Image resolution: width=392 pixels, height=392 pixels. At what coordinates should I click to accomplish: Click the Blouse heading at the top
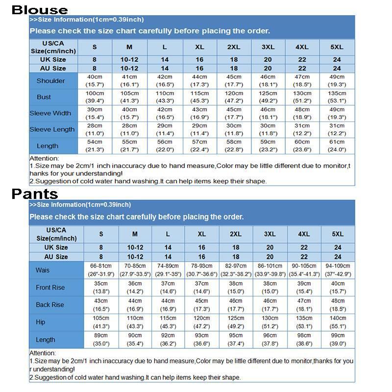click(40, 9)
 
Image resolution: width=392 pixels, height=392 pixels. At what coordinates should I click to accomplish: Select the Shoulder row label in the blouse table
click(50, 81)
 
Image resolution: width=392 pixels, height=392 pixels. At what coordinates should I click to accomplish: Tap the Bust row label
click(44, 97)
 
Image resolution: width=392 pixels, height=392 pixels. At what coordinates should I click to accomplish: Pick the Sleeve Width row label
click(50, 113)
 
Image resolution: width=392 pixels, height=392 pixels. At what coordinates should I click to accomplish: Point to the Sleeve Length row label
click(52, 129)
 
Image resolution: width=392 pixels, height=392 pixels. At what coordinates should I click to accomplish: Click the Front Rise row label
click(50, 288)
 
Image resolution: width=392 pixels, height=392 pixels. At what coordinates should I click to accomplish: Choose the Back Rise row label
click(50, 305)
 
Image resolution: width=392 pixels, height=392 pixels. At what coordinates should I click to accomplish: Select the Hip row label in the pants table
click(41, 322)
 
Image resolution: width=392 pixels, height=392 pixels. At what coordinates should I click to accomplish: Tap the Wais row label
click(43, 270)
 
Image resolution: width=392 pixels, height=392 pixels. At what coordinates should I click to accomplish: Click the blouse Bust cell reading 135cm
click(337, 93)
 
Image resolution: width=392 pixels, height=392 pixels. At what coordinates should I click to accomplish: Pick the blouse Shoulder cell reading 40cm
click(95, 77)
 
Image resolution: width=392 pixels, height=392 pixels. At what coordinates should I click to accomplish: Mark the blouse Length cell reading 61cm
click(337, 142)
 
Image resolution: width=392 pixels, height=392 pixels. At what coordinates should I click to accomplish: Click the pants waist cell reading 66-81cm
click(101, 266)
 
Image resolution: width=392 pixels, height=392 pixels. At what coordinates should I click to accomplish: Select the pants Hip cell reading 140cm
click(338, 318)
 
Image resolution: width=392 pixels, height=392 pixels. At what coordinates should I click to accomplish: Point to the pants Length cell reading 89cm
click(101, 336)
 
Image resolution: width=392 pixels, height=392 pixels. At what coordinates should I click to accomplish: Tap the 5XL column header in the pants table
click(338, 234)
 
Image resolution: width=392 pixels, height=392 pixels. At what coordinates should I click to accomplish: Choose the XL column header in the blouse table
click(199, 47)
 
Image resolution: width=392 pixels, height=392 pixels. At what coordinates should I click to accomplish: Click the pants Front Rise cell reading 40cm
click(338, 284)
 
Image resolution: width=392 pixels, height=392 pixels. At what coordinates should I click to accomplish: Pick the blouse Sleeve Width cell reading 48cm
click(302, 110)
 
